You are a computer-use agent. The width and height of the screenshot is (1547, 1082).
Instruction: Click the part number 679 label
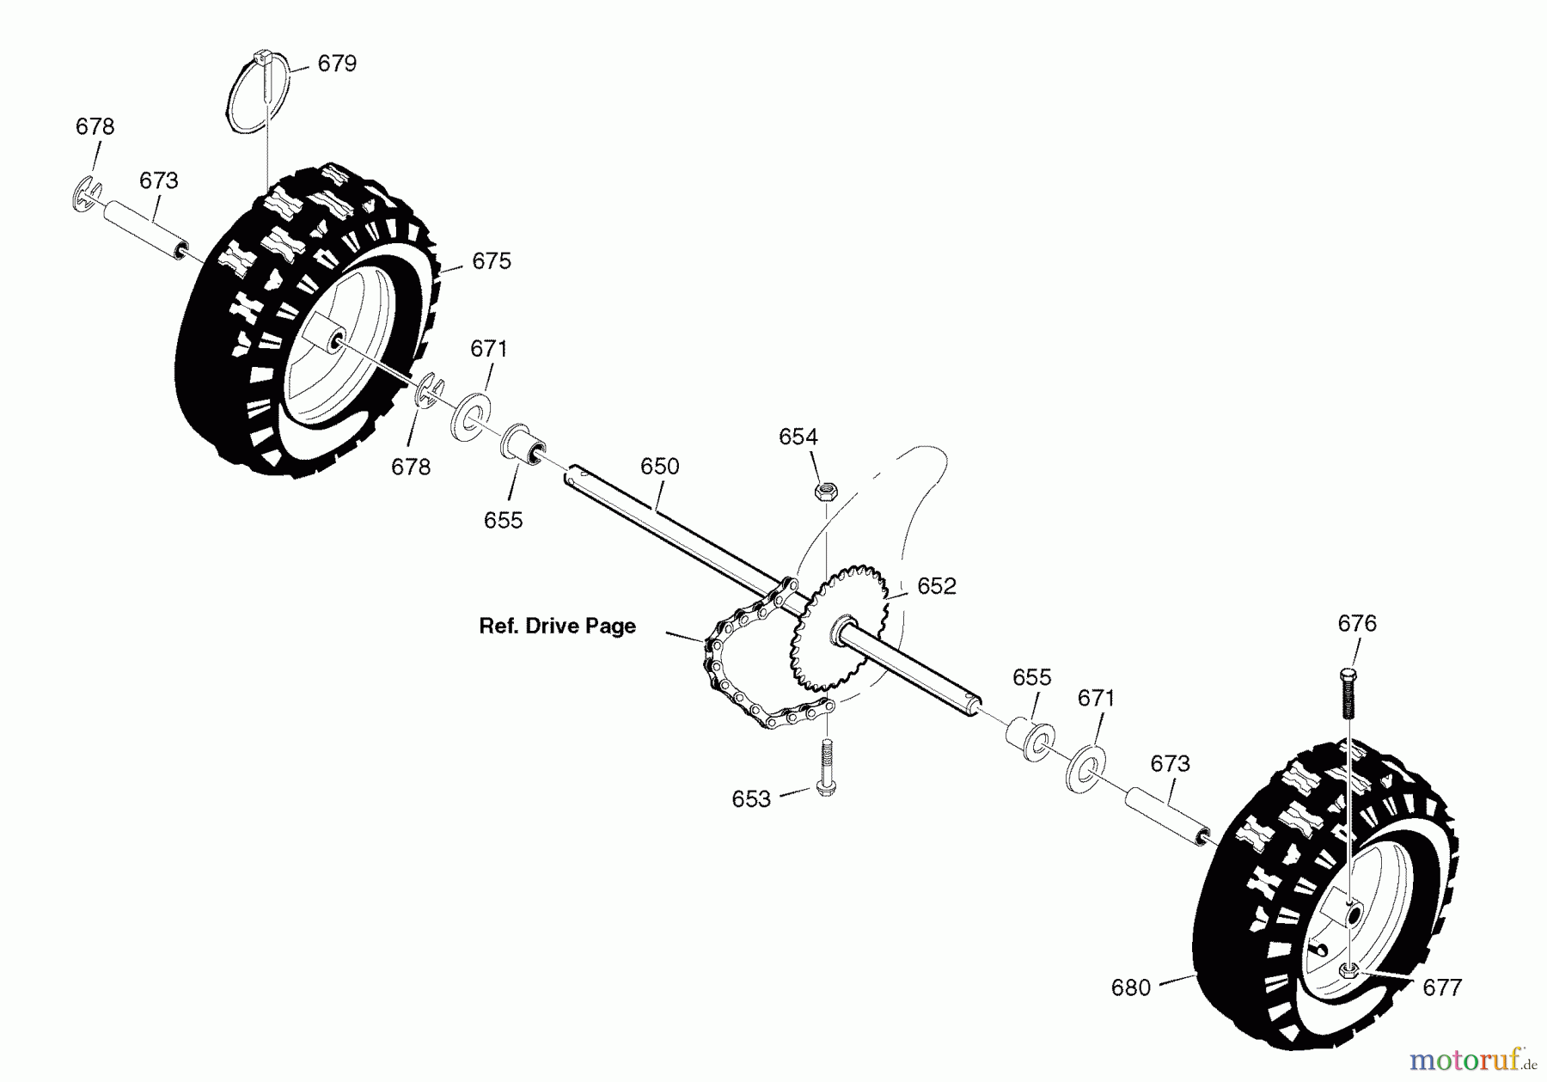click(x=337, y=64)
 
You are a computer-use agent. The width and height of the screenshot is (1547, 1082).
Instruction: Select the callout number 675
click(x=492, y=261)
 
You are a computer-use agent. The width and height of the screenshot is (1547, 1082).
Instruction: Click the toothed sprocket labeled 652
click(x=838, y=627)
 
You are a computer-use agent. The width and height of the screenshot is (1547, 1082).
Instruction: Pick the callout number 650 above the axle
click(x=659, y=467)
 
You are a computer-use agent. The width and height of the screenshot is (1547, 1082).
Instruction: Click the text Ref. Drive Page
click(x=557, y=627)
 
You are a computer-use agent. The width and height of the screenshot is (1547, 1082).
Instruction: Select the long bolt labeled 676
click(x=1348, y=693)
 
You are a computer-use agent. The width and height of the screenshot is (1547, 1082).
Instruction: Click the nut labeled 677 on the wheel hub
click(x=1348, y=971)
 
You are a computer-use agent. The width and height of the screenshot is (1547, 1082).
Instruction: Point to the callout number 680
click(x=1130, y=988)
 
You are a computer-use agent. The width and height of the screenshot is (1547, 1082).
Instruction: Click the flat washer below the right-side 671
click(x=1085, y=767)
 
